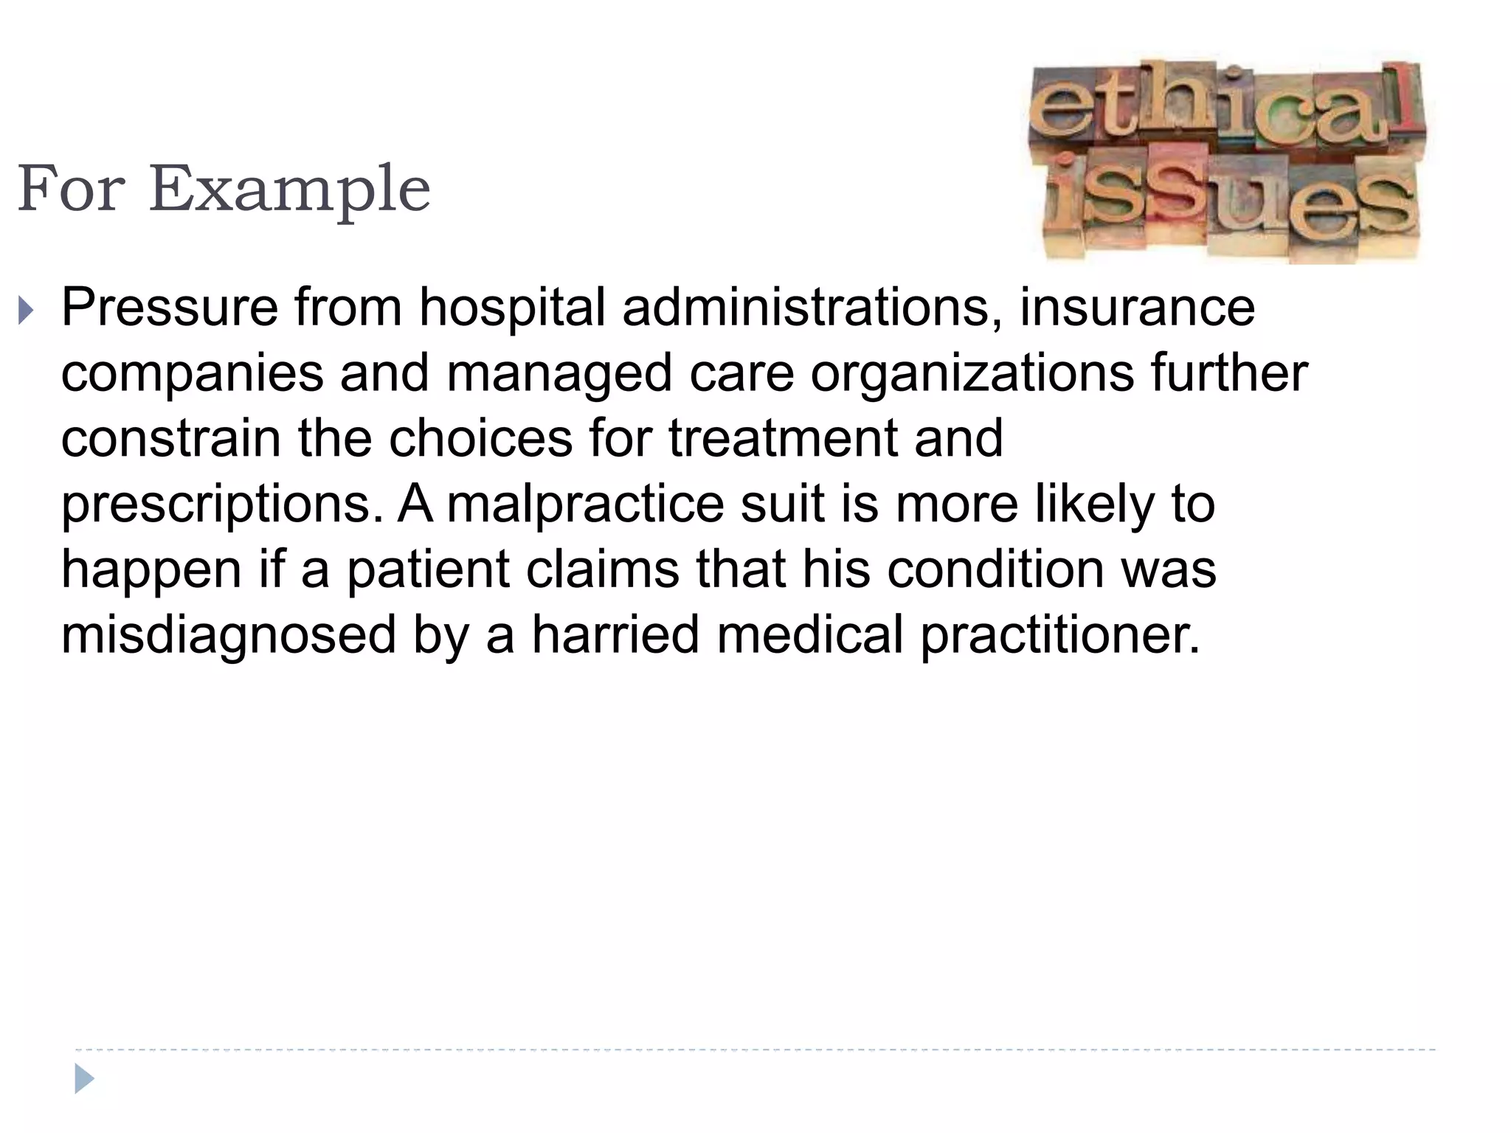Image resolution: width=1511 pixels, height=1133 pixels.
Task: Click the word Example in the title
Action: coord(290,190)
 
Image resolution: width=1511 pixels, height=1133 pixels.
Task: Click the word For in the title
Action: coord(71,189)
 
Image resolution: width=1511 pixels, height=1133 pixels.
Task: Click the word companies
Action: coord(192,373)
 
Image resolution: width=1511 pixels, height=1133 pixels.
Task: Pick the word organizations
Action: coord(972,373)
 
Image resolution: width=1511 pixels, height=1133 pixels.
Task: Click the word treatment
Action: coord(783,438)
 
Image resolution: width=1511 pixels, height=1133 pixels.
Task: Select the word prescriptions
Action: coord(222,505)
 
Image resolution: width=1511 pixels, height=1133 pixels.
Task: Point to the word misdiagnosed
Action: coord(228,634)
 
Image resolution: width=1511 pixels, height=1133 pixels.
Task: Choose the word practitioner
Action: coord(1059,634)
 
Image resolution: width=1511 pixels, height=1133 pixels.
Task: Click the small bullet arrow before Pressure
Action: coord(26,311)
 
